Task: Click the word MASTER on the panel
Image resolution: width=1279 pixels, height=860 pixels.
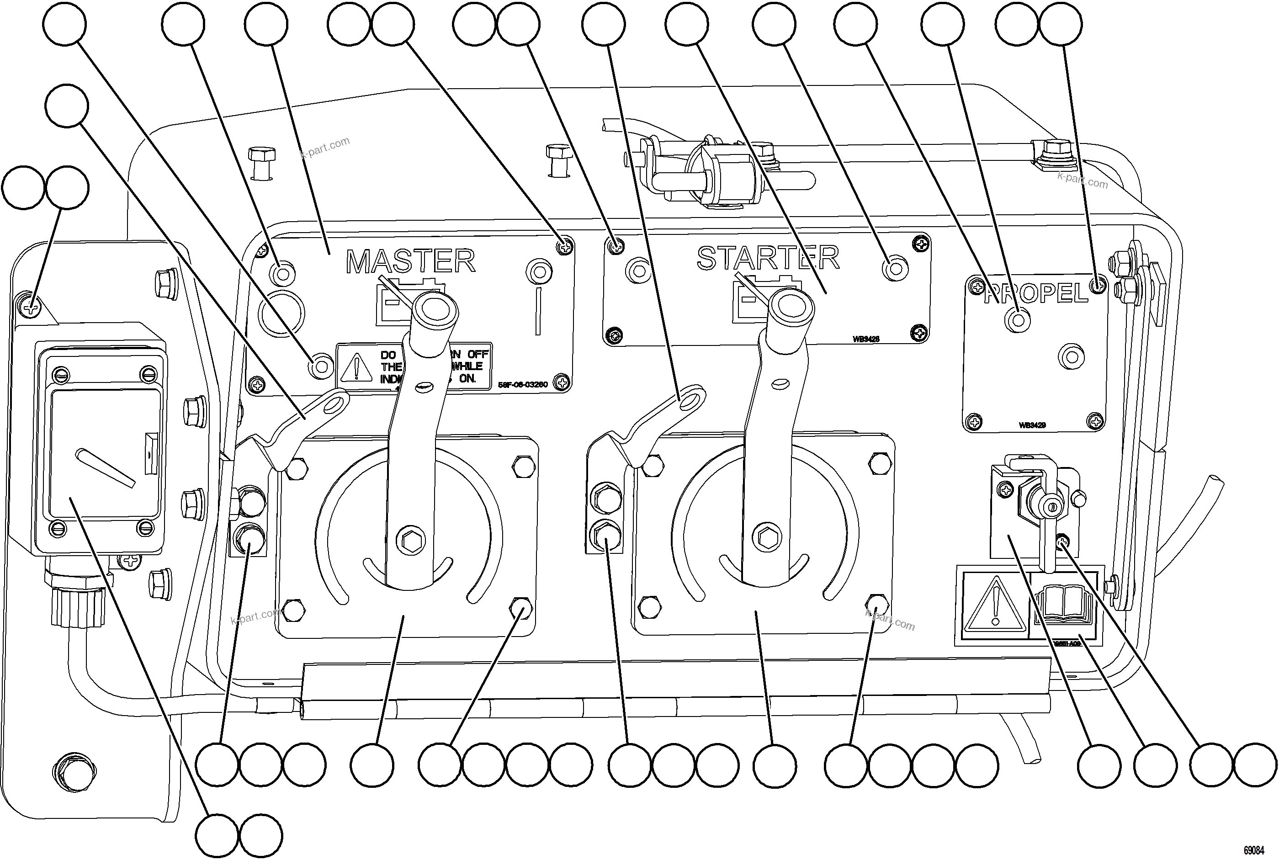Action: click(410, 262)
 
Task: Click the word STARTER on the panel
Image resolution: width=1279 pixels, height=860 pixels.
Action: click(768, 258)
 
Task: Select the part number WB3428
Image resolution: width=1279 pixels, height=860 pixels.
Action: click(865, 339)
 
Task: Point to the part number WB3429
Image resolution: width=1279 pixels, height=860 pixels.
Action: click(1032, 425)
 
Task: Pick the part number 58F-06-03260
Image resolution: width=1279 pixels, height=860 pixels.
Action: click(523, 384)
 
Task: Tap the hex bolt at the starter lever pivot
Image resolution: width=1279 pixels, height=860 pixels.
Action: click(767, 536)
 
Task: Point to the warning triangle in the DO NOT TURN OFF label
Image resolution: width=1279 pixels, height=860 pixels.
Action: click(356, 367)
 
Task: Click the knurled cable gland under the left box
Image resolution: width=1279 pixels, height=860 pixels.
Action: click(79, 607)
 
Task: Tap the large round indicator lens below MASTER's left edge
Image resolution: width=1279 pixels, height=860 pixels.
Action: click(281, 313)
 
